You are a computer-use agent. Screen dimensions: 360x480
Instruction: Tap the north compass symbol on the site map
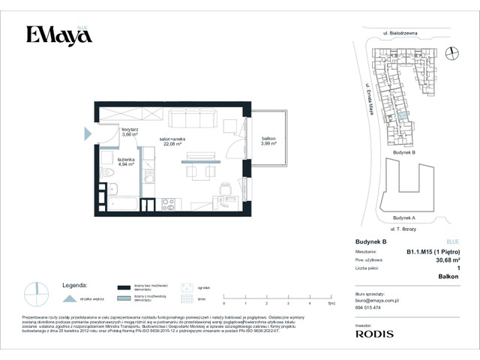coord(451,52)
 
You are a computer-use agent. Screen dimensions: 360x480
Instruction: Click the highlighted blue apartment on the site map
coord(405,116)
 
